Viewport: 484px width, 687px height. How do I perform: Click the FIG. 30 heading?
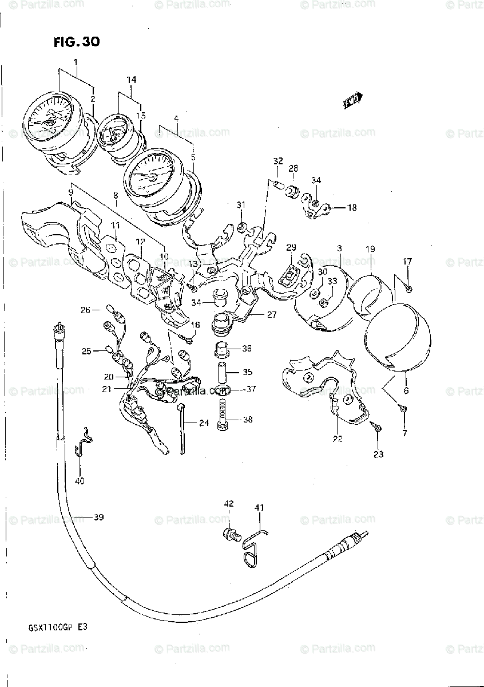click(77, 42)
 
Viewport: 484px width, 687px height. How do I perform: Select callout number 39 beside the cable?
click(98, 518)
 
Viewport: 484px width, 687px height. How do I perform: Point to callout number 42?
click(229, 504)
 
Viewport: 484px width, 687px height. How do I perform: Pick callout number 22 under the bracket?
click(338, 439)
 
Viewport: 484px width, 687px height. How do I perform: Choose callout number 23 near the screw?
click(379, 455)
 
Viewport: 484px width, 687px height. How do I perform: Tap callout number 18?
click(351, 208)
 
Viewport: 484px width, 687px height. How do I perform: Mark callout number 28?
click(293, 168)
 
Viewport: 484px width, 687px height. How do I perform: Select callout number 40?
click(80, 481)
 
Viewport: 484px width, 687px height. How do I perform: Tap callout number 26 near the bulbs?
click(85, 310)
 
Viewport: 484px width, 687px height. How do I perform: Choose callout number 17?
click(407, 262)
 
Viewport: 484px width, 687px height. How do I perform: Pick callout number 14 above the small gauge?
click(132, 80)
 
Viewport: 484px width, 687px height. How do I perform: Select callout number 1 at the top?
click(75, 61)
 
